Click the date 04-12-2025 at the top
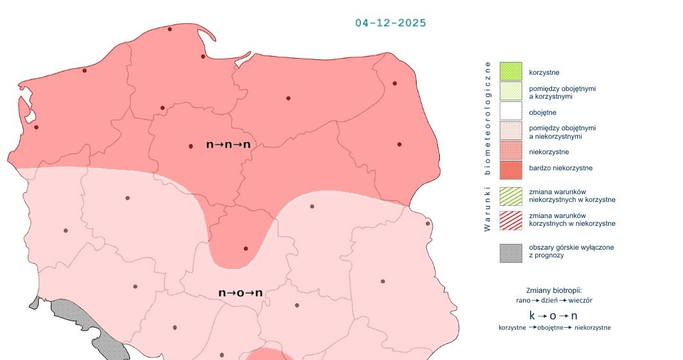(390, 23)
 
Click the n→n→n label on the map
(228, 145)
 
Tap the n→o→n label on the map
(241, 293)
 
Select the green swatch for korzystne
(511, 72)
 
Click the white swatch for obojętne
(511, 112)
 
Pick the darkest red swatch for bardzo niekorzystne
(511, 169)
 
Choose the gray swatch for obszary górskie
(511, 252)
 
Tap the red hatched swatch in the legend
(511, 219)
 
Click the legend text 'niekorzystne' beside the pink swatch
(549, 152)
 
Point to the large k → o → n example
(553, 315)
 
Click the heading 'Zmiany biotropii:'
(554, 290)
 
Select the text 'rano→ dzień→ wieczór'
(554, 300)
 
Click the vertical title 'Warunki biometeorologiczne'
(488, 146)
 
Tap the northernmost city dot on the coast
(170, 29)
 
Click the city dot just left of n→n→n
(190, 146)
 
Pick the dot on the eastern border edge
(428, 224)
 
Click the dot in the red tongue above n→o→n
(245, 248)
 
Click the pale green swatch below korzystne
(511, 92)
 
